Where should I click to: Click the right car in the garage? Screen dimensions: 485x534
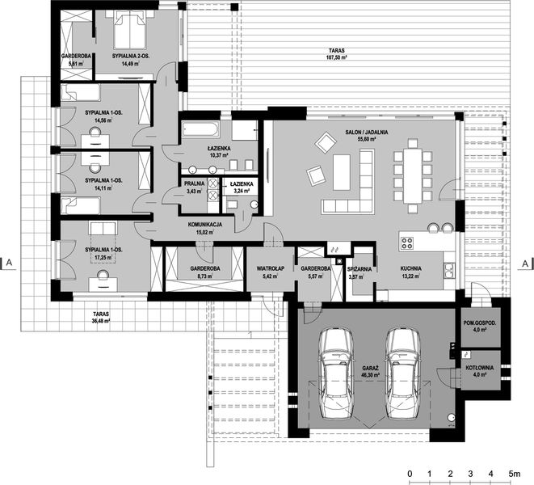pyautogui.click(x=402, y=371)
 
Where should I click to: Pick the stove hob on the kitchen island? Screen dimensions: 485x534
pyautogui.click(x=407, y=240)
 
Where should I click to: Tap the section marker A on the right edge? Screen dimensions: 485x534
pyautogui.click(x=524, y=263)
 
